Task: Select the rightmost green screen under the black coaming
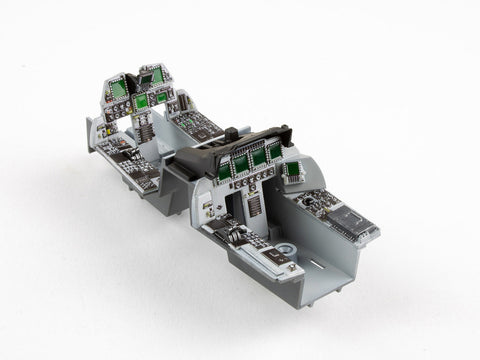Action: (273, 151)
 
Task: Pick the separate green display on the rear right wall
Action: (293, 169)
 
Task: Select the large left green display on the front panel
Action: (119, 90)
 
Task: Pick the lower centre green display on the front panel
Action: (142, 100)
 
